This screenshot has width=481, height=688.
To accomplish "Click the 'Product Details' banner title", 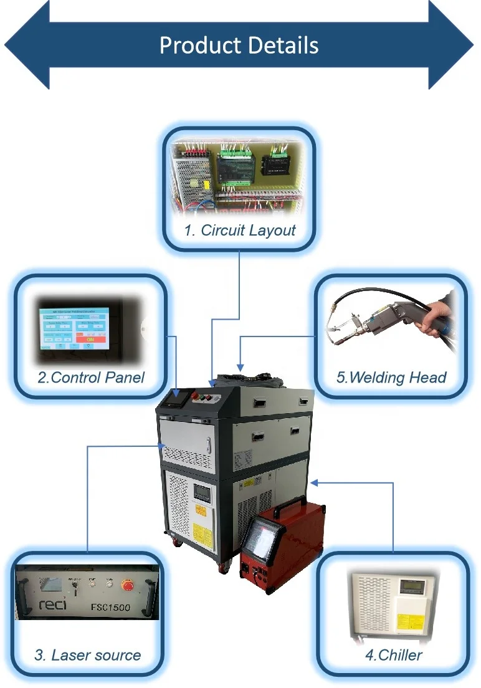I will coord(239,45).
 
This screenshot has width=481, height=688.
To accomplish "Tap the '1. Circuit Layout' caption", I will coord(240,230).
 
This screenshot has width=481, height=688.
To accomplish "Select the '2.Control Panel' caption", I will coord(91,376).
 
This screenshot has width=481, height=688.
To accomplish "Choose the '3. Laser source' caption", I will coord(88,655).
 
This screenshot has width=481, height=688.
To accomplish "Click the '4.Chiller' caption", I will coord(393,655).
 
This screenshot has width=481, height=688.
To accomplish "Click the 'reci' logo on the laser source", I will coord(54,604).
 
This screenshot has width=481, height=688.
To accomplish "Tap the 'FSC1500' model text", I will coord(111,606).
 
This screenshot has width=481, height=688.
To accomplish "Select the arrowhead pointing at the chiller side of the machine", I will coord(315,482).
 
